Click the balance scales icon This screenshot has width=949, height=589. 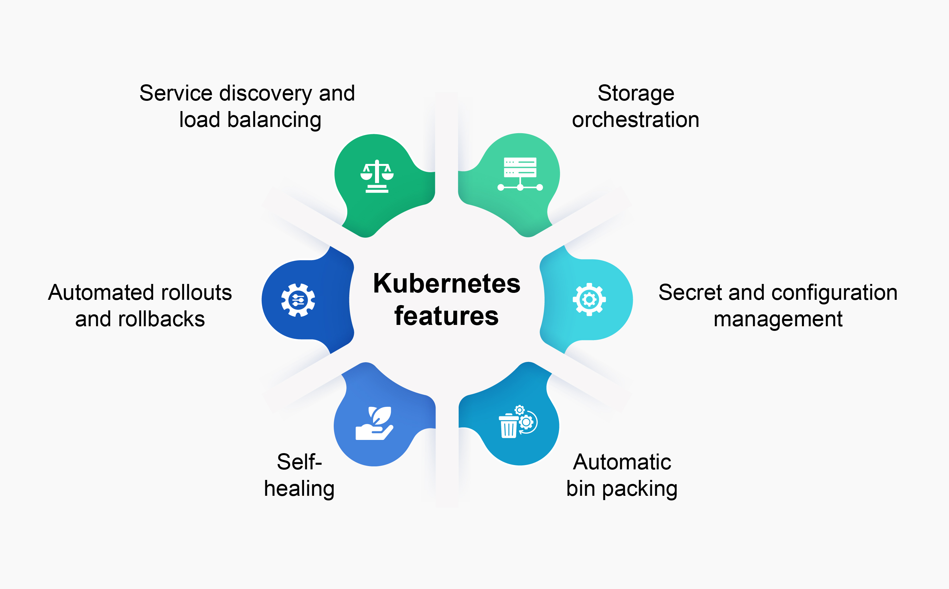tap(377, 176)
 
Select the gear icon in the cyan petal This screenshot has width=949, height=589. tap(589, 299)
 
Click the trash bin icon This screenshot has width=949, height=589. tap(509, 426)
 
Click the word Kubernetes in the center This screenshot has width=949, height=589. tap(447, 283)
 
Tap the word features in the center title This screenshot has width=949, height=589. tap(446, 316)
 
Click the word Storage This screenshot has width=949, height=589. tap(635, 94)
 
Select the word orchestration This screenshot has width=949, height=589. tap(635, 120)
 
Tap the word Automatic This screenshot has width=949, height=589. tap(622, 462)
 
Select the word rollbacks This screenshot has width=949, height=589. tap(161, 319)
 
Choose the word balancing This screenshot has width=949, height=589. tap(274, 120)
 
